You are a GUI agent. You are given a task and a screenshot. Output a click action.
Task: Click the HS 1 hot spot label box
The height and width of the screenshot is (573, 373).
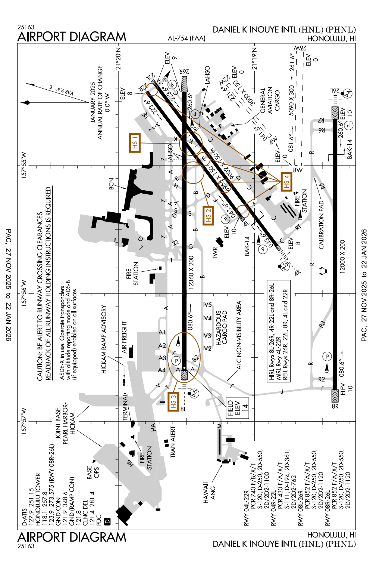point(135,143)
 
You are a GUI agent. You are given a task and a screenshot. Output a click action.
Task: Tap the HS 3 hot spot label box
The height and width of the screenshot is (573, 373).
point(173,401)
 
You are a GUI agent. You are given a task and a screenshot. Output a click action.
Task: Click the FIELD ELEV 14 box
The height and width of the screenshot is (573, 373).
point(238,408)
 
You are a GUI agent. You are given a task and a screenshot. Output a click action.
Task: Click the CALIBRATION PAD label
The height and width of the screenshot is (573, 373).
point(322,225)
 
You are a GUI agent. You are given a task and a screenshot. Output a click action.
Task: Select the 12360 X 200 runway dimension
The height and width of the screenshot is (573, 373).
point(191,272)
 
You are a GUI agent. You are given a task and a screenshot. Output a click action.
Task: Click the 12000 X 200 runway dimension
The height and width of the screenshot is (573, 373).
point(342,256)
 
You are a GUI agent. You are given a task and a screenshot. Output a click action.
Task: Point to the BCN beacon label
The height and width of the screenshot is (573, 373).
point(111,184)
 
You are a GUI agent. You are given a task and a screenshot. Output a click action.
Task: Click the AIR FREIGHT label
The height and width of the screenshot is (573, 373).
point(125,338)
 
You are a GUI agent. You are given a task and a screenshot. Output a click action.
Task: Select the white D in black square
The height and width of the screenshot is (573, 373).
point(107,521)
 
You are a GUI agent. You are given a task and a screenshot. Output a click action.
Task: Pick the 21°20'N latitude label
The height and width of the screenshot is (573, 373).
point(119,58)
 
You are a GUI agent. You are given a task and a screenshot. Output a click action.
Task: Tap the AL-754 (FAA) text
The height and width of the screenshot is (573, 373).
point(186,38)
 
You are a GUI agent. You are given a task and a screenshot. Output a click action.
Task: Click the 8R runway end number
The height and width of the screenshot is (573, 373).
point(335,406)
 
